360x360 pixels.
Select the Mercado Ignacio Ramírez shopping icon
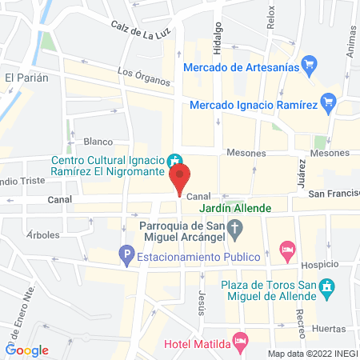326,103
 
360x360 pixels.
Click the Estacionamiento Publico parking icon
126,257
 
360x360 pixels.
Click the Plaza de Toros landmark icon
326,286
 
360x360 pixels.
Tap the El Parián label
26,78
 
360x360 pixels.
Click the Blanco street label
98,142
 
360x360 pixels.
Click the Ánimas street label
350,38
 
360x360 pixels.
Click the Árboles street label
43,235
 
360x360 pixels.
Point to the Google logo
27,349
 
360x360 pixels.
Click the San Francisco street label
334,194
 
